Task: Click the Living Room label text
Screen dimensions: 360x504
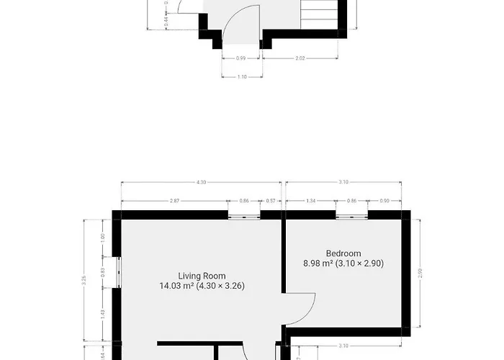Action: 202,276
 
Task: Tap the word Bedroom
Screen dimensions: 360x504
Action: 343,253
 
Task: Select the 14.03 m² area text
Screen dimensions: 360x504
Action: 177,286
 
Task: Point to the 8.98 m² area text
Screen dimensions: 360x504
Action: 318,264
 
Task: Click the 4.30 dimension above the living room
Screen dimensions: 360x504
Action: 201,183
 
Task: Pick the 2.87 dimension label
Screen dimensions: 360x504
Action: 174,201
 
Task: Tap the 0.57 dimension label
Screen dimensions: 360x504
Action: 271,201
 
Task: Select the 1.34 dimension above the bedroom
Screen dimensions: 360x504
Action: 311,201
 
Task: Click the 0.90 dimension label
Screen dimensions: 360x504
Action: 384,201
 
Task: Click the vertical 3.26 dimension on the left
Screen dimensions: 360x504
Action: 85,282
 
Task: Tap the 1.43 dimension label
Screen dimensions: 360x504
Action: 103,312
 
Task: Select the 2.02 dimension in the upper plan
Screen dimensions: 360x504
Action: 301,58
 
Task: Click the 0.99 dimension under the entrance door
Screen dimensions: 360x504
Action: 240,58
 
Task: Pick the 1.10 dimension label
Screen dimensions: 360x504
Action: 241,76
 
